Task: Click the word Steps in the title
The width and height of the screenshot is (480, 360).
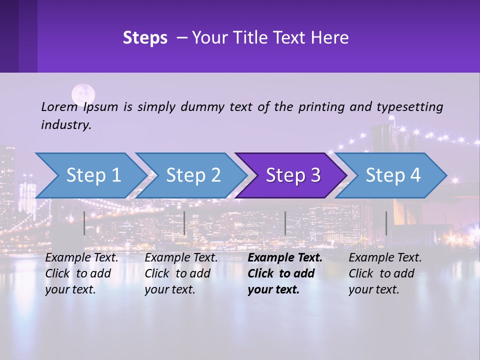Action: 145,38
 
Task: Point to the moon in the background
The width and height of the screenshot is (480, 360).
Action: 83,94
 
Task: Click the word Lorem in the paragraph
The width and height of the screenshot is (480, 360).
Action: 59,106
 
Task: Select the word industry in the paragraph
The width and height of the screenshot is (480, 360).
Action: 65,125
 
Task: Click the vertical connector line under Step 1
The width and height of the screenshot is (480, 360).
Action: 84,223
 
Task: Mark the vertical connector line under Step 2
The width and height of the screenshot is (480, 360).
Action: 184,223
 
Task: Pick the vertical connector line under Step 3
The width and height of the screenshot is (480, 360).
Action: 285,223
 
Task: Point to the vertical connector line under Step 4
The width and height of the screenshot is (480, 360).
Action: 386,223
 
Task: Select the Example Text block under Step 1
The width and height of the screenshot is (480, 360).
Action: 81,273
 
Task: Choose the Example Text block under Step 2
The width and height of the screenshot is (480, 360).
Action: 181,273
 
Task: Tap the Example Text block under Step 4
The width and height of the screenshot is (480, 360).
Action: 385,273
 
